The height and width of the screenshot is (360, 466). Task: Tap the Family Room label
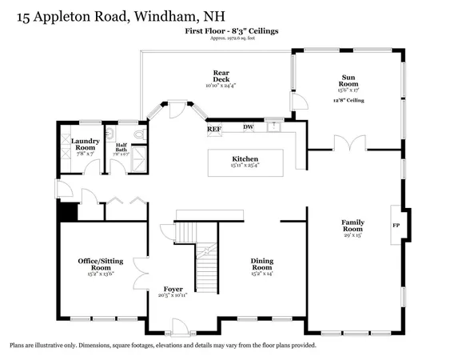tap(352, 226)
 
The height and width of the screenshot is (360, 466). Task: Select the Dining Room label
tap(262, 264)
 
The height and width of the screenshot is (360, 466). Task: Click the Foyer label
tap(173, 288)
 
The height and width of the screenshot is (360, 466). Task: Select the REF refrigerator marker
tap(214, 128)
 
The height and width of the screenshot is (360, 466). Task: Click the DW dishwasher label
tap(248, 127)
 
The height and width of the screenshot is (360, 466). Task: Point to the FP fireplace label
tap(396, 225)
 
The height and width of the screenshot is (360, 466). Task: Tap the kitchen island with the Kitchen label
tap(245, 163)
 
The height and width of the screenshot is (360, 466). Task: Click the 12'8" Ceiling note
tap(349, 101)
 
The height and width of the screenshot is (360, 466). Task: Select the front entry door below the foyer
tap(181, 327)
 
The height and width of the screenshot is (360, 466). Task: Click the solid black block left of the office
tap(66, 210)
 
